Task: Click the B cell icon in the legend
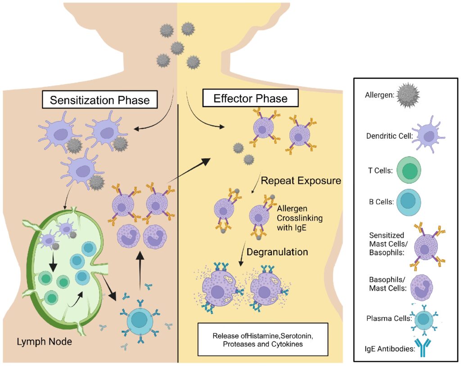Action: coord(409,202)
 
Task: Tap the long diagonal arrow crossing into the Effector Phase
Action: coord(189,171)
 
